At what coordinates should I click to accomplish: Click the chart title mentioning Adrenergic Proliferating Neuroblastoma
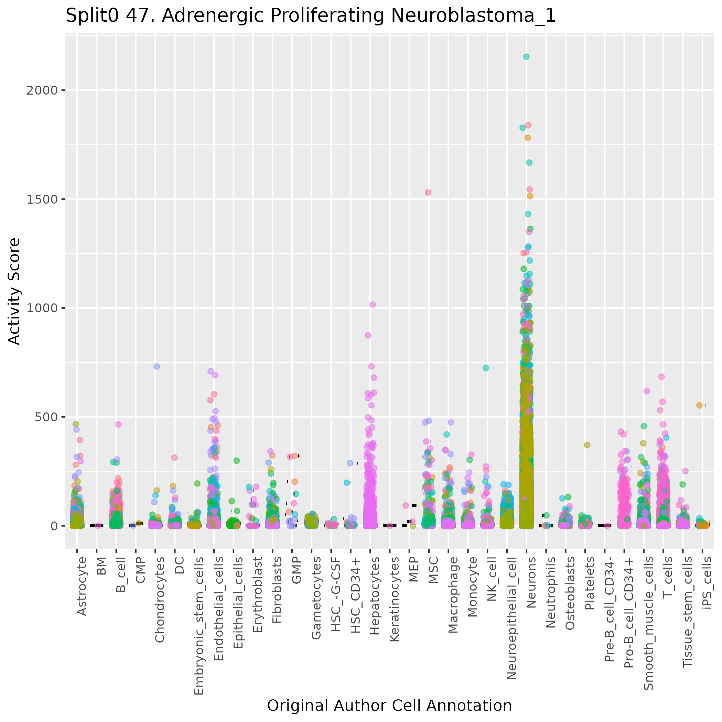[310, 16]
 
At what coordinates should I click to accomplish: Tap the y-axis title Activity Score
[14, 291]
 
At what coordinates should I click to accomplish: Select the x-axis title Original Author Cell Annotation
[389, 705]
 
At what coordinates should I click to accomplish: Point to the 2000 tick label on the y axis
[42, 90]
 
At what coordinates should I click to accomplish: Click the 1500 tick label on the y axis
[42, 199]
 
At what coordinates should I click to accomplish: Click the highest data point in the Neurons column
[526, 57]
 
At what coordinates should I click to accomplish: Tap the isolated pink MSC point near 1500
[428, 193]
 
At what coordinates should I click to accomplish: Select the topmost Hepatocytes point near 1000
[373, 304]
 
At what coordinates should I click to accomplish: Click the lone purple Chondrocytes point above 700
[157, 367]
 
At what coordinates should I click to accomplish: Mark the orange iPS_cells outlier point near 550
[699, 406]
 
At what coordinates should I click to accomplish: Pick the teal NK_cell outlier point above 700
[486, 368]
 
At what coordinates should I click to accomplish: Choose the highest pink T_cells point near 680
[661, 377]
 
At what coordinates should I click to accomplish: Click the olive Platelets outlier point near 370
[587, 445]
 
